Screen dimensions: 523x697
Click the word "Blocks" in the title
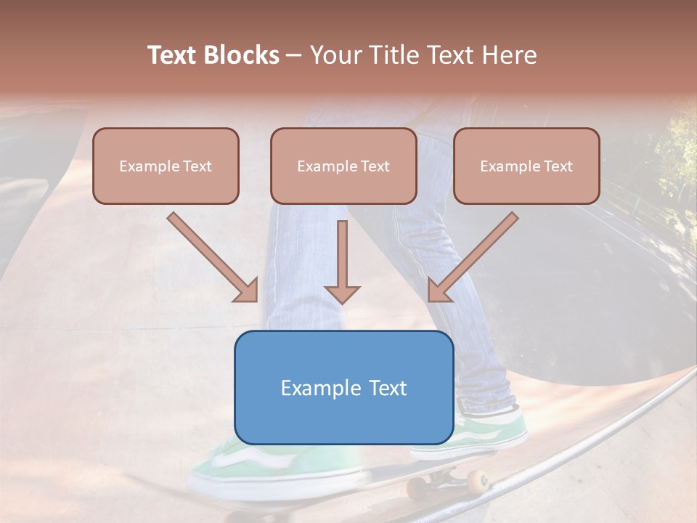point(242,55)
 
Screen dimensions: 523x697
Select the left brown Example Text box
point(166,166)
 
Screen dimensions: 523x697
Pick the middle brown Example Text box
point(343,166)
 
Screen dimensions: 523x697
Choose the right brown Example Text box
point(526,166)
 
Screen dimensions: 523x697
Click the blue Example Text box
point(343,387)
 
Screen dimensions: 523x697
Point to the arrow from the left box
point(213,257)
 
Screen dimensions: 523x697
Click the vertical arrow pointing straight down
point(342,261)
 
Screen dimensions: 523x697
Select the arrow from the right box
point(473,257)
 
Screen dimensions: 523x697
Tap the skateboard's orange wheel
point(478,480)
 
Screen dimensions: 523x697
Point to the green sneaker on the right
point(494,432)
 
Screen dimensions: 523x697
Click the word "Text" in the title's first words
point(172,55)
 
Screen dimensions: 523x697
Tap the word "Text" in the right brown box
point(558,166)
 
